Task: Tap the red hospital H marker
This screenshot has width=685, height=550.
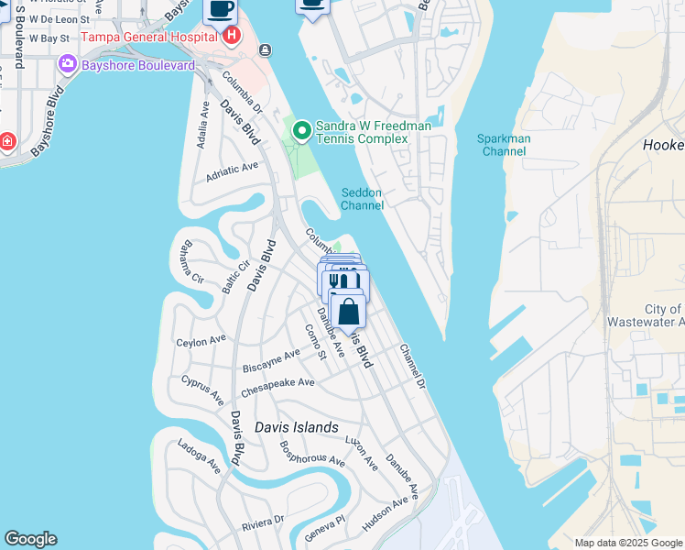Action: (231, 36)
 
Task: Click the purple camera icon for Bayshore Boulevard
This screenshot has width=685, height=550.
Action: (67, 65)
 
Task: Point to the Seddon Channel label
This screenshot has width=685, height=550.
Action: (362, 199)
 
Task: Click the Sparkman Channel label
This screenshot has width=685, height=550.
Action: (504, 145)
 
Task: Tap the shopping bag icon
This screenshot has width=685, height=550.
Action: (349, 312)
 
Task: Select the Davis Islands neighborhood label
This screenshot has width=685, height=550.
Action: (296, 427)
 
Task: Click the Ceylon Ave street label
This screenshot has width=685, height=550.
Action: (201, 341)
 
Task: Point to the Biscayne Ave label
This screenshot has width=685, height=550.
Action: (271, 360)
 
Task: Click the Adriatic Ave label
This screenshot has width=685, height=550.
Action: (233, 171)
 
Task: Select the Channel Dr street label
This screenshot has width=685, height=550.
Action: (412, 365)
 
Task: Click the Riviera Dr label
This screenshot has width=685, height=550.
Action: (262, 522)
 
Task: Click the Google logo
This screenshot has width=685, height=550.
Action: (30, 539)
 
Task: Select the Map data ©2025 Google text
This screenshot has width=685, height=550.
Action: (628, 543)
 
